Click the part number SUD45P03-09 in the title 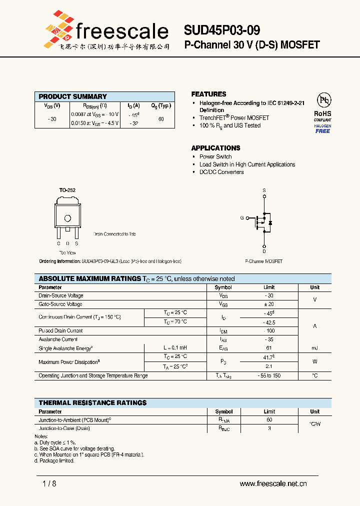[x=221, y=31]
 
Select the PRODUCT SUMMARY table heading [x=73, y=96]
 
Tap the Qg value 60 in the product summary [x=161, y=119]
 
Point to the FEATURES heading [x=208, y=94]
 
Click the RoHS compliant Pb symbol [x=322, y=99]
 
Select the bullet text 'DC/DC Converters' [x=221, y=172]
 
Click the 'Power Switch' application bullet [x=215, y=156]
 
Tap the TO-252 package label [x=67, y=190]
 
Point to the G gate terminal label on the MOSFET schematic [x=242, y=218]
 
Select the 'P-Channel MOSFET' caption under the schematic [x=263, y=261]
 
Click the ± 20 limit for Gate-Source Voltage [x=269, y=304]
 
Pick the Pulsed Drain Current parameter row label [x=60, y=331]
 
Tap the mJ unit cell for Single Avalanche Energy [x=314, y=348]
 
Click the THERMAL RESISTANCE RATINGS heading [x=92, y=402]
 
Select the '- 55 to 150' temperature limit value [x=269, y=375]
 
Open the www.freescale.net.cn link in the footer [x=273, y=483]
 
